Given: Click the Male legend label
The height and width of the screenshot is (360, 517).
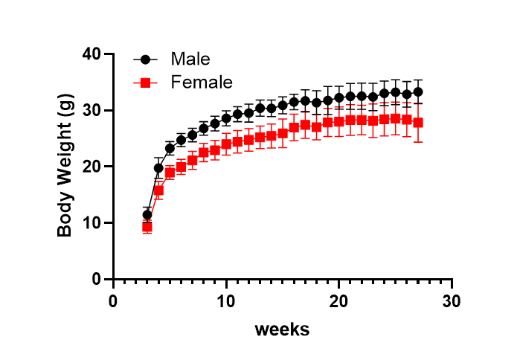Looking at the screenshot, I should pyautogui.click(x=190, y=59).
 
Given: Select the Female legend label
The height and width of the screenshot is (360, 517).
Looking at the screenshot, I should pyautogui.click(x=202, y=82).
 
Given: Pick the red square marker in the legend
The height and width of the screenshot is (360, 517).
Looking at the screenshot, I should pyautogui.click(x=146, y=83).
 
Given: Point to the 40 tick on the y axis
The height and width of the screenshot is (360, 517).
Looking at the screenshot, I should pyautogui.click(x=92, y=54).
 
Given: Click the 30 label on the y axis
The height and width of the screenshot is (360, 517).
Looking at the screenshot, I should pyautogui.click(x=92, y=110).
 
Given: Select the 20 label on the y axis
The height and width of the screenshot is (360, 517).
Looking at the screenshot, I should pyautogui.click(x=92, y=167).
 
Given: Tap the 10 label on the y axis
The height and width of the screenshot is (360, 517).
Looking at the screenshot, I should pyautogui.click(x=92, y=223).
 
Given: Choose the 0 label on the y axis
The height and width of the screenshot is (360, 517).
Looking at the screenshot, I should pyautogui.click(x=97, y=279).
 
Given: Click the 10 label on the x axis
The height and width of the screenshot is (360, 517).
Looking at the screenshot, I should pyautogui.click(x=225, y=301).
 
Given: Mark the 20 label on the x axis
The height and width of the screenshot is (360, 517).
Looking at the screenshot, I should pyautogui.click(x=338, y=301).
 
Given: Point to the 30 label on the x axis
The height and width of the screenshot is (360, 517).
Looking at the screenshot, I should pyautogui.click(x=452, y=301).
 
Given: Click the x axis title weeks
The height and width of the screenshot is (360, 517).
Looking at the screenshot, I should pyautogui.click(x=282, y=328).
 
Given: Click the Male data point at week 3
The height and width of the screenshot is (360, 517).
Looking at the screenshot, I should pyautogui.click(x=147, y=215).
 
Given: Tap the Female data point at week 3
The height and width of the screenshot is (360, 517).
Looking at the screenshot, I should pyautogui.click(x=147, y=227).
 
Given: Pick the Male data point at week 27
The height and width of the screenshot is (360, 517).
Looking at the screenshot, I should pyautogui.click(x=418, y=92).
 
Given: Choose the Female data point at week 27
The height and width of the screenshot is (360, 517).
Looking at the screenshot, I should pyautogui.click(x=418, y=123).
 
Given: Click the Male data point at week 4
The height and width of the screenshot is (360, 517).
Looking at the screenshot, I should pyautogui.click(x=158, y=168).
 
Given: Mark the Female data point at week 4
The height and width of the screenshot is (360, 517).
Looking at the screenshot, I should pyautogui.click(x=158, y=190).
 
